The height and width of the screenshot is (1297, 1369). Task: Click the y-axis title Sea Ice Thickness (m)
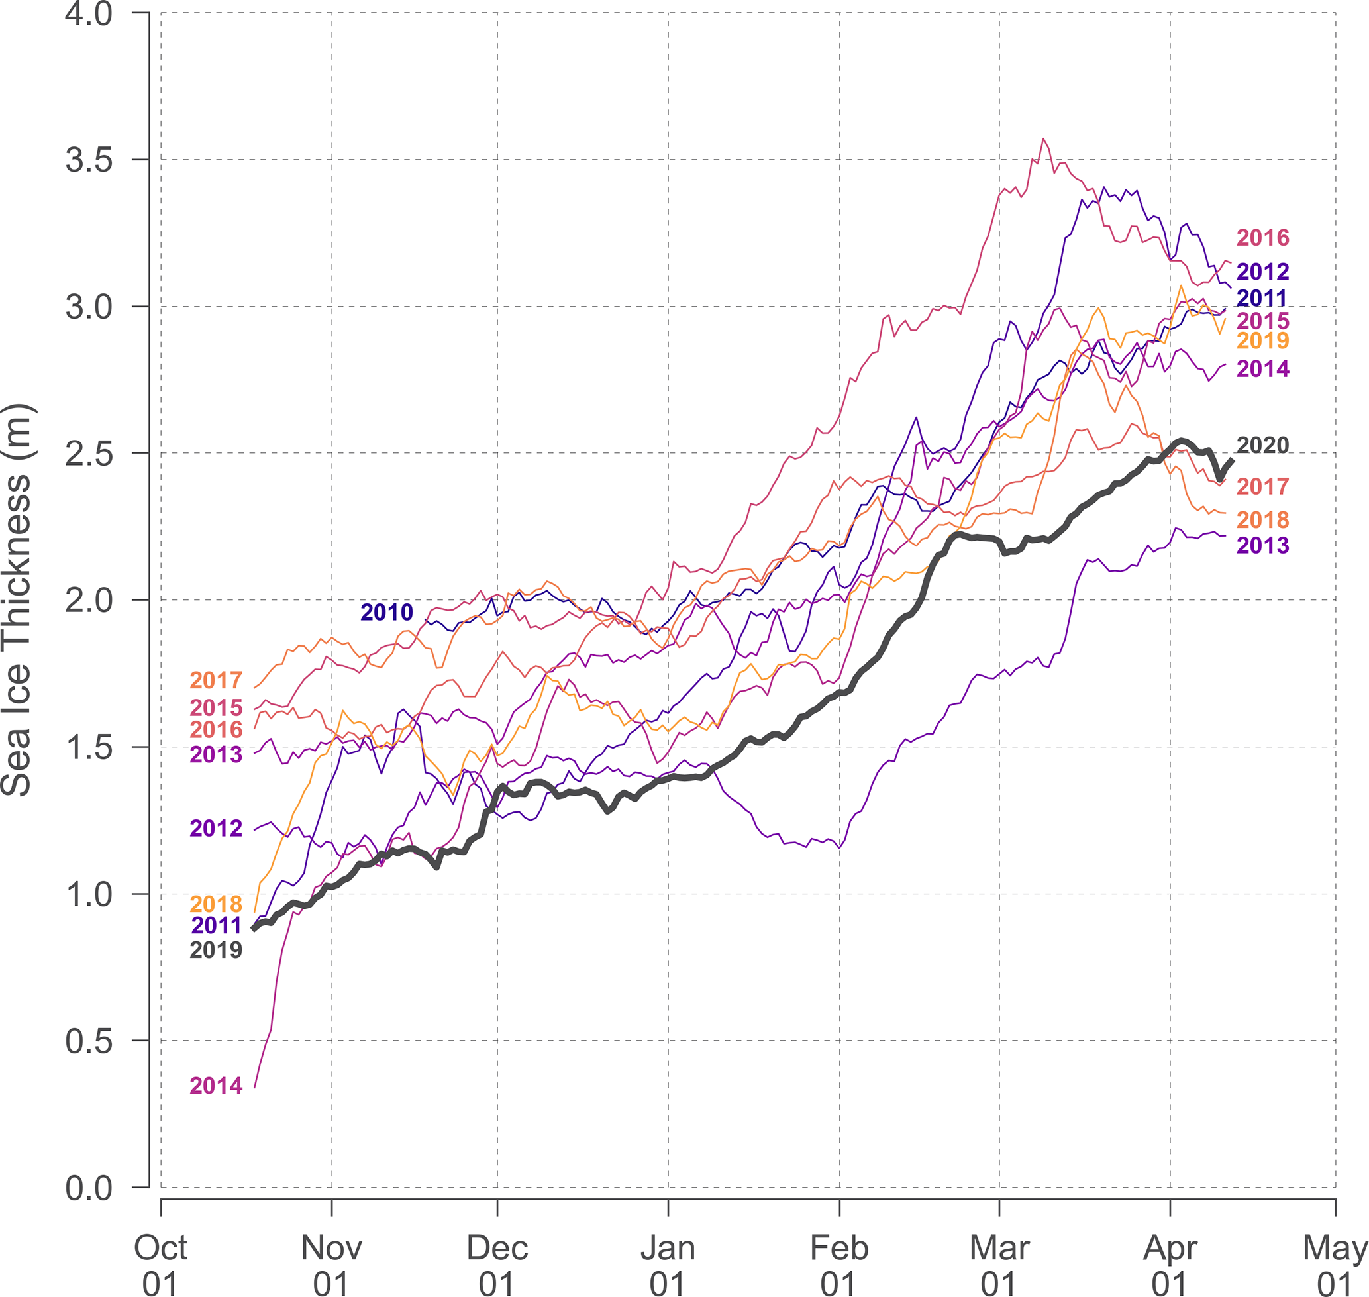[17, 600]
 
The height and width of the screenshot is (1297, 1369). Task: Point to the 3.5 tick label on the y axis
[89, 160]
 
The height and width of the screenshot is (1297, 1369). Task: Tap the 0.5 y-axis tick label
[89, 1041]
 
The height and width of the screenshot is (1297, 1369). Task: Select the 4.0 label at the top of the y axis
[89, 14]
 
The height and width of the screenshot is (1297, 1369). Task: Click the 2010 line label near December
[387, 612]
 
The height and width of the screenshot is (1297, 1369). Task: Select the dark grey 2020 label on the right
[1262, 445]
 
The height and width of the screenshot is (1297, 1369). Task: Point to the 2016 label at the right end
[1262, 238]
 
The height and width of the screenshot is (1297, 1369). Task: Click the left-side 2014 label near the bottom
[217, 1086]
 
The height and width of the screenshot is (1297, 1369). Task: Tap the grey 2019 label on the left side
[217, 950]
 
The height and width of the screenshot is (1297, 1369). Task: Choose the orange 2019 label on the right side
[1262, 340]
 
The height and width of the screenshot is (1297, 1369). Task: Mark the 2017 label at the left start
[217, 680]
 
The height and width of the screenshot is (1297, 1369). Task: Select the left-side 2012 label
[217, 827]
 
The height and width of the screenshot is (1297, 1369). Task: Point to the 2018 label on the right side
[1262, 519]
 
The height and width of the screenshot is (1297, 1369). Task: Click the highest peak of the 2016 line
[1043, 138]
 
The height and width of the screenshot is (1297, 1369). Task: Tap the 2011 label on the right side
[1262, 298]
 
